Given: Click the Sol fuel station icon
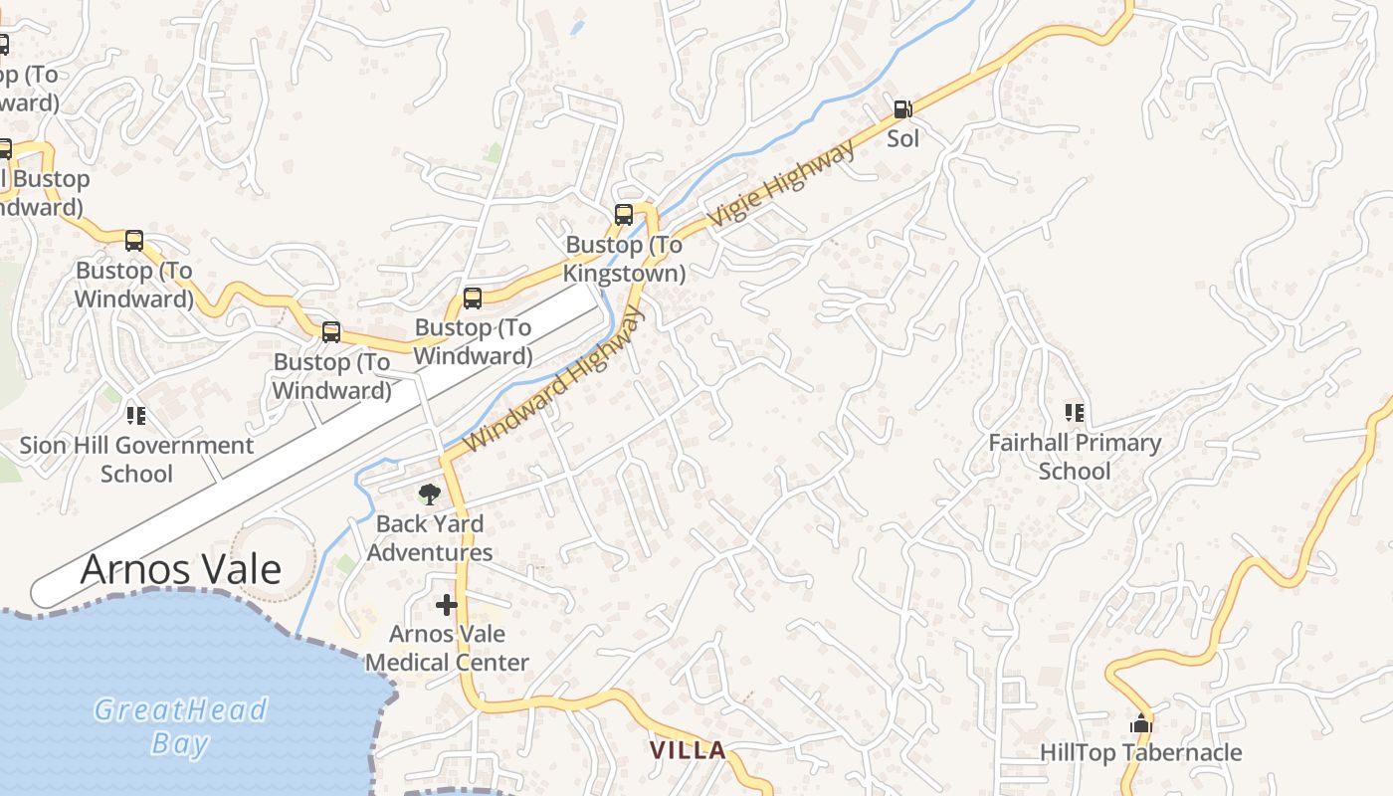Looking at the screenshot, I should tap(902, 109).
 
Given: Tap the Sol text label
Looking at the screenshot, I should tap(902, 138).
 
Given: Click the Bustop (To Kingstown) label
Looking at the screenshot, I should tap(624, 259).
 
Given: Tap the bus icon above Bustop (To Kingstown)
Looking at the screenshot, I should tap(624, 214).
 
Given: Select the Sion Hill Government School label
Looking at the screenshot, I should tap(136, 459).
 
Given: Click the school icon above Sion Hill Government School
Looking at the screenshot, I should tap(136, 415).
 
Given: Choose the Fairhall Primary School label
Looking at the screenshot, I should tap(1075, 457).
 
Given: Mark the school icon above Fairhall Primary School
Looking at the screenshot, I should tap(1075, 412).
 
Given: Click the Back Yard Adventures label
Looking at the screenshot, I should tap(430, 537).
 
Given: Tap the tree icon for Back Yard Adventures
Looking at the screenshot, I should tap(429, 494).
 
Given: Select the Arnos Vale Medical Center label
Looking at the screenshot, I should tap(447, 648).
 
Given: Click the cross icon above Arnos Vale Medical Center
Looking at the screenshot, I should tap(447, 604).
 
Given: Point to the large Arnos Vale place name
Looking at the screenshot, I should tap(180, 570).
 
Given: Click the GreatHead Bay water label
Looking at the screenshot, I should tap(180, 725).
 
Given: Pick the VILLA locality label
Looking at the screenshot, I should tap(688, 750).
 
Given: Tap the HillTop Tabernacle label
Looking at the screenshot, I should tap(1141, 753).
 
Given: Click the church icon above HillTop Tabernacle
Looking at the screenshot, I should tap(1141, 723).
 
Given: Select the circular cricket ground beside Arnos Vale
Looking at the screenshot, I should tap(271, 559).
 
